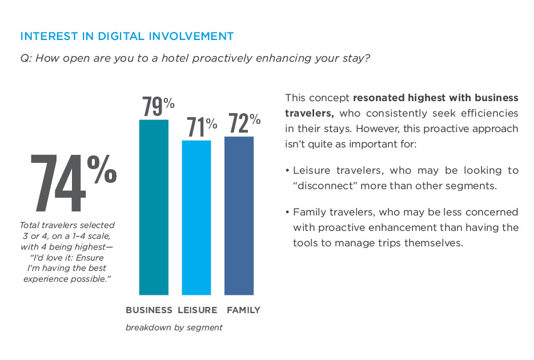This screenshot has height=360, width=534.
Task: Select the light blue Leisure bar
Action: click(x=196, y=217)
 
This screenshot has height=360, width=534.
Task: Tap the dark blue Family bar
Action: click(x=239, y=215)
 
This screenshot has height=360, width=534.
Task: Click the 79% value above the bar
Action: click(x=158, y=107)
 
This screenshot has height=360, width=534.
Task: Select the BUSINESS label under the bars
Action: click(x=148, y=310)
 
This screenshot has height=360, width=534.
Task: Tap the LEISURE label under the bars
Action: click(x=198, y=310)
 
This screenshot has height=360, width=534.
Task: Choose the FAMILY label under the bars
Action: click(x=243, y=310)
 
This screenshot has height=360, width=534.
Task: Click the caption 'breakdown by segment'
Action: click(x=174, y=327)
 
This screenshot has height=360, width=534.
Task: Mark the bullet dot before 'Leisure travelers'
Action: click(x=287, y=171)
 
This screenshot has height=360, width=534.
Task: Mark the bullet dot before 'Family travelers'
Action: click(x=287, y=213)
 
